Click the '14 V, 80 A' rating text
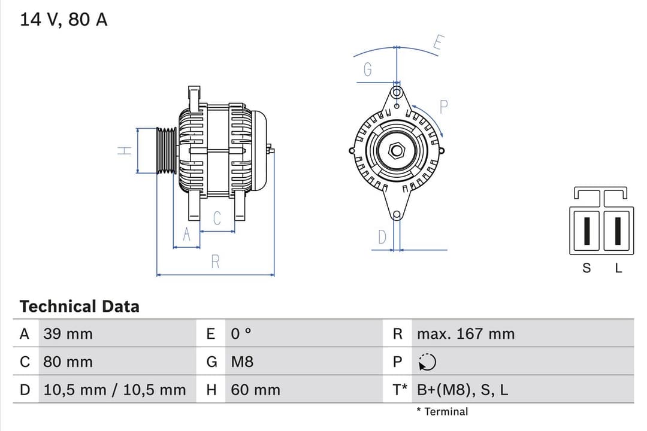point(64,20)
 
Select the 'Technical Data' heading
point(79,306)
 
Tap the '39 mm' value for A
point(68,334)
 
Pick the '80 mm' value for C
point(68,362)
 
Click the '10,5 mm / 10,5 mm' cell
point(114,390)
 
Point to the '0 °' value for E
point(241,334)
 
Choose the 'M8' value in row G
point(242,362)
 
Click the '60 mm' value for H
point(255,390)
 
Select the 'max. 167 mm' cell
point(465,334)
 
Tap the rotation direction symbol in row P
point(427,362)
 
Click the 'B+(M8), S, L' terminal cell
point(462,390)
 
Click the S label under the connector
point(586,268)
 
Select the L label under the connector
point(619,268)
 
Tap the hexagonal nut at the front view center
point(397,150)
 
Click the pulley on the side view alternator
point(166,151)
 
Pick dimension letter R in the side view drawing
point(216,262)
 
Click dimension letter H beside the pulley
point(124,151)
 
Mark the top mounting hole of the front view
point(396,93)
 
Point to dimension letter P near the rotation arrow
point(444,107)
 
